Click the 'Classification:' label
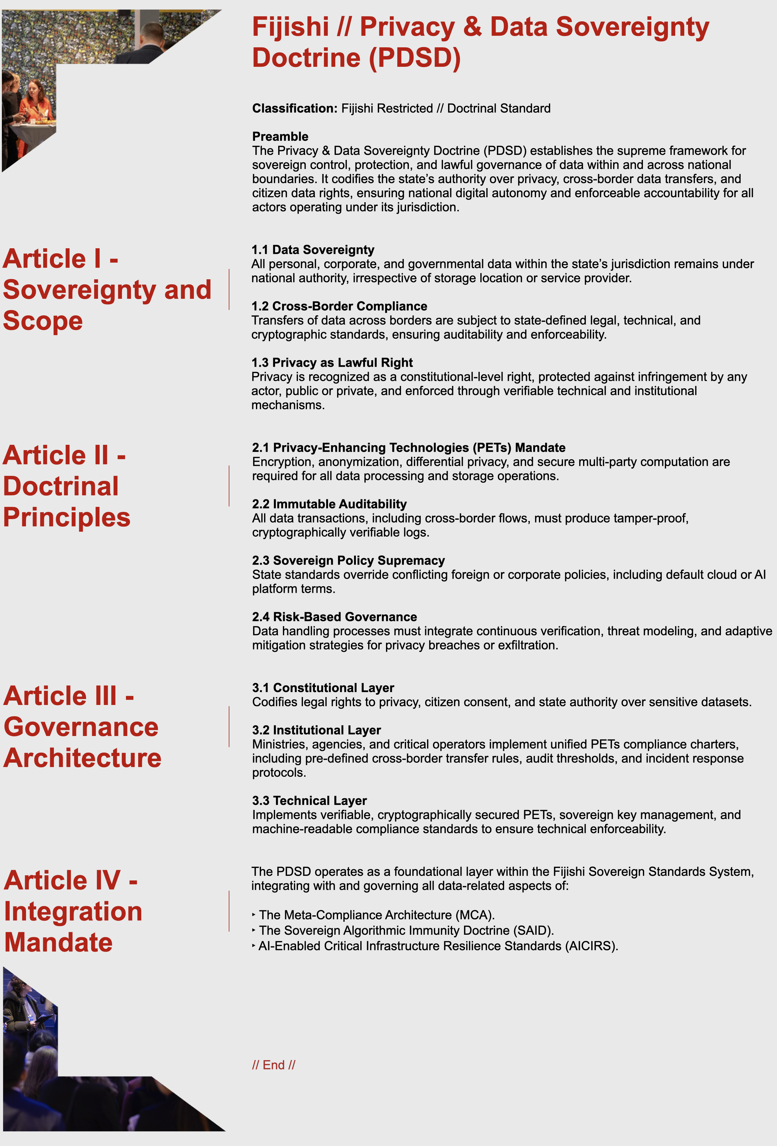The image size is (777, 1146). coord(294,108)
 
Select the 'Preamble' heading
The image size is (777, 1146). coord(280,137)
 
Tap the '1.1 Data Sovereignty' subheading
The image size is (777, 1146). coord(313,250)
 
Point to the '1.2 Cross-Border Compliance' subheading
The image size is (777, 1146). coord(339,306)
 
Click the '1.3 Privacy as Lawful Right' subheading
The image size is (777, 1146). coord(332,363)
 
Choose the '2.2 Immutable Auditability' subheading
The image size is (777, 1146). coord(329,504)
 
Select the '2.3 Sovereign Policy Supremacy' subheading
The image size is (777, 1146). coord(348,561)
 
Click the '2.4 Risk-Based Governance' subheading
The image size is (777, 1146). coord(334,617)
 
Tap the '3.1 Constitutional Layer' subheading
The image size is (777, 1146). coord(323,688)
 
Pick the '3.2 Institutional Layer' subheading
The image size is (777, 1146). coord(316,730)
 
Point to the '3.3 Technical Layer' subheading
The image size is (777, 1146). coord(309,801)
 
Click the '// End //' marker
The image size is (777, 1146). coord(274,1065)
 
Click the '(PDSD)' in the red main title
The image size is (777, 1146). coord(415,58)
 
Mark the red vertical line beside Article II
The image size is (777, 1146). coord(229,486)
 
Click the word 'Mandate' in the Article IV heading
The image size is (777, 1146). coord(59,942)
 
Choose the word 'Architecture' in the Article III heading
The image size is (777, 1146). coord(82,758)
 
